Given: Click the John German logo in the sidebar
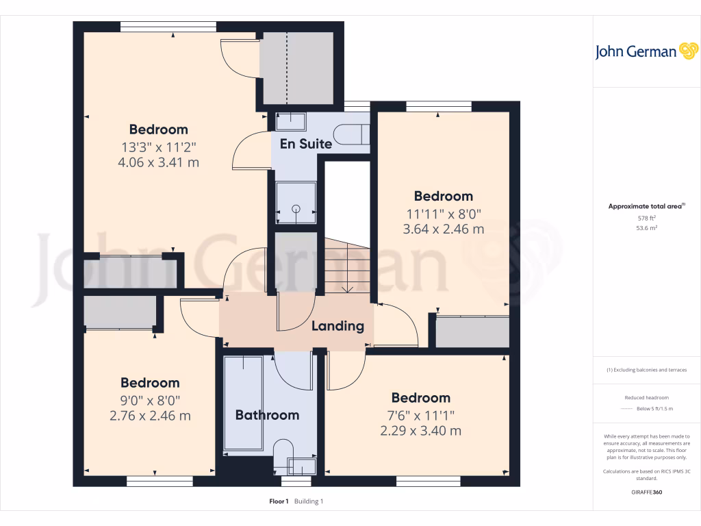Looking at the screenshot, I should pyautogui.click(x=646, y=51).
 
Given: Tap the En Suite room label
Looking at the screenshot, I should pyautogui.click(x=306, y=144).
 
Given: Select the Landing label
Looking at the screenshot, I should pyautogui.click(x=337, y=326).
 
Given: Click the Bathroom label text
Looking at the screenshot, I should pyautogui.click(x=267, y=415).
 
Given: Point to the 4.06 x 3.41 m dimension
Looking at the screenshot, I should pyautogui.click(x=159, y=162).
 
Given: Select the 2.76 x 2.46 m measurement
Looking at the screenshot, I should pyautogui.click(x=150, y=416).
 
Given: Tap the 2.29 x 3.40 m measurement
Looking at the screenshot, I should pyautogui.click(x=420, y=431).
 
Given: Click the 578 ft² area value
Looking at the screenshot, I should pyautogui.click(x=646, y=218).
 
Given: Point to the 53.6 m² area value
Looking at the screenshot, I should pyautogui.click(x=646, y=228).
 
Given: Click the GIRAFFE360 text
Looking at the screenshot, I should pyautogui.click(x=647, y=492).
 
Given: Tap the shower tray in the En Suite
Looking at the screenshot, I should pyautogui.click(x=296, y=203).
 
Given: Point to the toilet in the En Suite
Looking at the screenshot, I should pyautogui.click(x=354, y=134).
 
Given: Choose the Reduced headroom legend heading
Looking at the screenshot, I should pyautogui.click(x=646, y=398).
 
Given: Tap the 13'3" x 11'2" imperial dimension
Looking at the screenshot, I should pyautogui.click(x=159, y=147).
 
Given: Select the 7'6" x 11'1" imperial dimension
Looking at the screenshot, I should pyautogui.click(x=420, y=414).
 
